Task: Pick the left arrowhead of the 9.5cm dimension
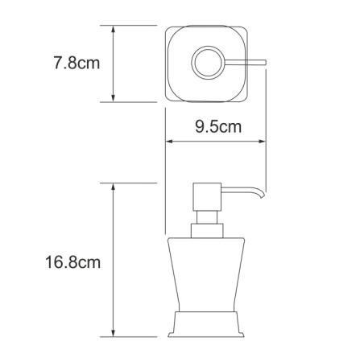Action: pos(170,141)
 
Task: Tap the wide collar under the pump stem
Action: pos(207,232)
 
